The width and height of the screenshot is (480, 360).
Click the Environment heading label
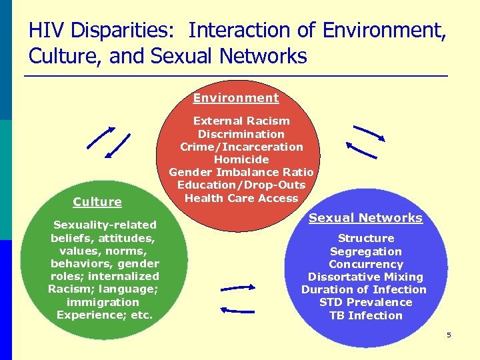pyautogui.click(x=236, y=98)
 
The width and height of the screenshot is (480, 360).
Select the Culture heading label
pyautogui.click(x=97, y=202)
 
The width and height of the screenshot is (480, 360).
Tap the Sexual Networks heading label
pyautogui.click(x=365, y=218)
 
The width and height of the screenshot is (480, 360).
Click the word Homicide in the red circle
pyautogui.click(x=241, y=159)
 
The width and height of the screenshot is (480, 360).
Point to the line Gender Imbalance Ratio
pyautogui.click(x=241, y=172)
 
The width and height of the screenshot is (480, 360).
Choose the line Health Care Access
pyautogui.click(x=241, y=198)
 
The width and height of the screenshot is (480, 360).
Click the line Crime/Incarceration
pyautogui.click(x=241, y=147)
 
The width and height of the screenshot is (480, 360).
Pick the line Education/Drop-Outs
pyautogui.click(x=241, y=185)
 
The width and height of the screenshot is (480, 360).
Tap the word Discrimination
pyautogui.click(x=241, y=134)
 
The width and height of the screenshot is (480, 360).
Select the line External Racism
pyautogui.click(x=241, y=121)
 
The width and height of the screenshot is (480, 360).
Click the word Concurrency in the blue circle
pyautogui.click(x=366, y=264)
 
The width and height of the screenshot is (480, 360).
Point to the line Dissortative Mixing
pyautogui.click(x=365, y=277)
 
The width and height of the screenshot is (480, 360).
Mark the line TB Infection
pyautogui.click(x=366, y=315)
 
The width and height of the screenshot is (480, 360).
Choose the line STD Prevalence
pyautogui.click(x=366, y=302)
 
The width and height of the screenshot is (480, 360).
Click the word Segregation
pyautogui.click(x=366, y=251)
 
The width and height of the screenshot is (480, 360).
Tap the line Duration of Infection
pyautogui.click(x=364, y=289)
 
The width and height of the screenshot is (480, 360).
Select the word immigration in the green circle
pyautogui.click(x=103, y=302)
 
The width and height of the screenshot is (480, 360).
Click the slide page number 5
pyautogui.click(x=449, y=335)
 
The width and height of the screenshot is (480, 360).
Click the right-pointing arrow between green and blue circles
pyautogui.click(x=238, y=287)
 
